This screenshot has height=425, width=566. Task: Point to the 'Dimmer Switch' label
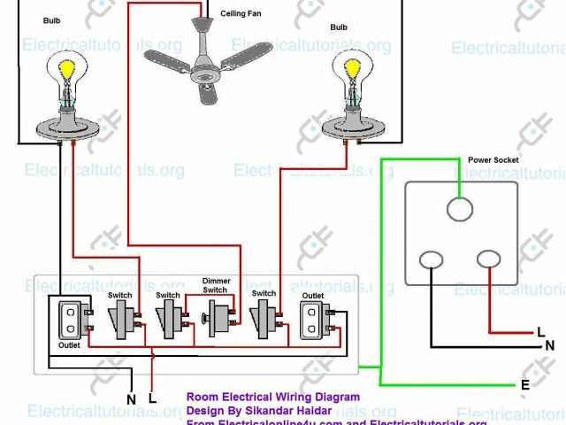click(x=215, y=285)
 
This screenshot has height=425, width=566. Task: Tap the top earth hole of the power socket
click(x=459, y=208)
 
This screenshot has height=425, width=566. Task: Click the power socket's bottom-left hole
click(x=431, y=260)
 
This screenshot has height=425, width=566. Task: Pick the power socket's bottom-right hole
click(x=489, y=259)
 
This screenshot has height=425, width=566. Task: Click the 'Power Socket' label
click(x=493, y=159)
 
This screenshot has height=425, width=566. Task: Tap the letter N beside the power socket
click(x=550, y=345)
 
